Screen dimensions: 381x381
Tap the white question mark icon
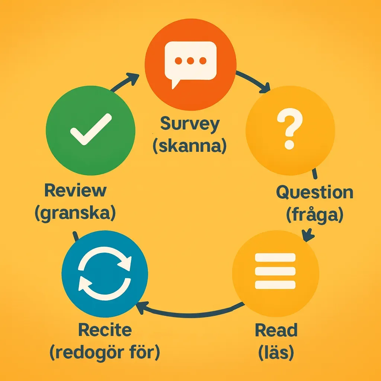pos(289,131)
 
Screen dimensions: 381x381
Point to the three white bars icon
pos(275,270)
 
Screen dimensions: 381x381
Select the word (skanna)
pos(189,146)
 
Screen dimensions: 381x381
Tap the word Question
pos(315,192)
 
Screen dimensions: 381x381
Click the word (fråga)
pos(315,215)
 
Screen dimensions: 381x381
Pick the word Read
pos(276,330)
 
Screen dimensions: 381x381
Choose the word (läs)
pos(276,352)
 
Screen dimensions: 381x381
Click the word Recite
pos(105,330)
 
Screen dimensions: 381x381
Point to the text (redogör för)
pos(105,352)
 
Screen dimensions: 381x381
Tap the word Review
pos(75,191)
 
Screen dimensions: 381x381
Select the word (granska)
pos(75,213)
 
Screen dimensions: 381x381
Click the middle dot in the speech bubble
pos(190,61)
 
